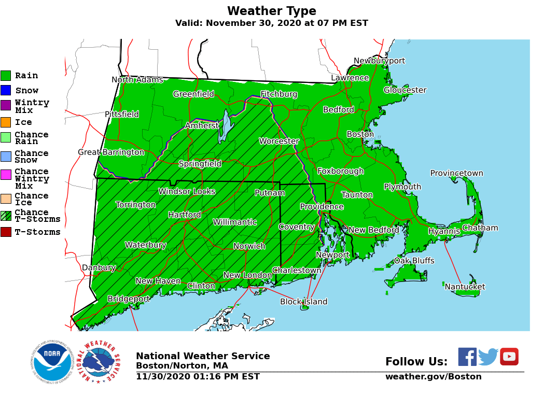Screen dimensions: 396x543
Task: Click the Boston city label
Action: (360, 134)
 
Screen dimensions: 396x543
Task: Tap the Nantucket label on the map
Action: (465, 287)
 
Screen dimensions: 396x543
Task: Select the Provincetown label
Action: (456, 173)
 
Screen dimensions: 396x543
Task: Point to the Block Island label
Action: (303, 302)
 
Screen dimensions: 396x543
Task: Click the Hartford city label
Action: (184, 215)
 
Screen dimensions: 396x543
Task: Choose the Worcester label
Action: (279, 141)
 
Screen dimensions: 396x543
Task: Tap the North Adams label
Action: (137, 80)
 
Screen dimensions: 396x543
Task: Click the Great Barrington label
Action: (111, 152)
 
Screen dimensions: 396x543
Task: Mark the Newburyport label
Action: (379, 61)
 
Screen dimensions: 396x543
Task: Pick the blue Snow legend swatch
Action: (6, 90)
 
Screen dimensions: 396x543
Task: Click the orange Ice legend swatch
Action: (6, 122)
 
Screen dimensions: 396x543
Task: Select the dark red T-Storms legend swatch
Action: (6, 232)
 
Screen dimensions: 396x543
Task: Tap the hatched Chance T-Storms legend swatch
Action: (6, 216)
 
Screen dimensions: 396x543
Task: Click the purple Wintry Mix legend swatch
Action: (6, 105)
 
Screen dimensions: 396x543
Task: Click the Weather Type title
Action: (271, 11)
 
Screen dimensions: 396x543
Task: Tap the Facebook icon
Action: (467, 357)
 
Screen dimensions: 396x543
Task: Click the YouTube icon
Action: (509, 357)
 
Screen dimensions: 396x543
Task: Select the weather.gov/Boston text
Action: (433, 377)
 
